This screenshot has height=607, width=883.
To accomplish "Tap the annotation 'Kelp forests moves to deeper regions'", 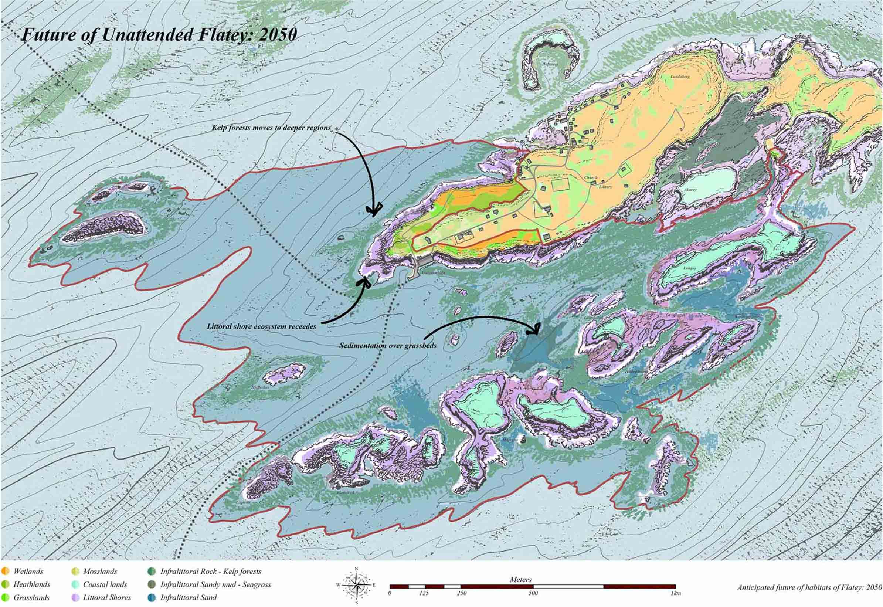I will pyautogui.click(x=271, y=128).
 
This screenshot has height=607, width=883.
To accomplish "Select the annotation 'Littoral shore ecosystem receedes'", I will pyautogui.click(x=261, y=326).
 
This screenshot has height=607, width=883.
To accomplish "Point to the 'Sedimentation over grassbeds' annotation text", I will pyautogui.click(x=387, y=346).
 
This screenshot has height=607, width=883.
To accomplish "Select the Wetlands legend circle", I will pyautogui.click(x=5, y=571).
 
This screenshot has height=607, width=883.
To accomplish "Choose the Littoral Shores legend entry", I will pyautogui.click(x=106, y=597).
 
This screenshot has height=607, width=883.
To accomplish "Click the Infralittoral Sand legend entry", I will pyautogui.click(x=188, y=597).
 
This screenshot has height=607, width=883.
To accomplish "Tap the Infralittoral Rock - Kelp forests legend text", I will pyautogui.click(x=210, y=571).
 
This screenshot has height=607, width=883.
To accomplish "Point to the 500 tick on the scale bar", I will pyautogui.click(x=533, y=593).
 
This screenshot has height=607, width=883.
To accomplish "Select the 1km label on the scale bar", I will pyautogui.click(x=675, y=593).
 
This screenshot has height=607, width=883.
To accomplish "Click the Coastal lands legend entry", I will pyautogui.click(x=105, y=584).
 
